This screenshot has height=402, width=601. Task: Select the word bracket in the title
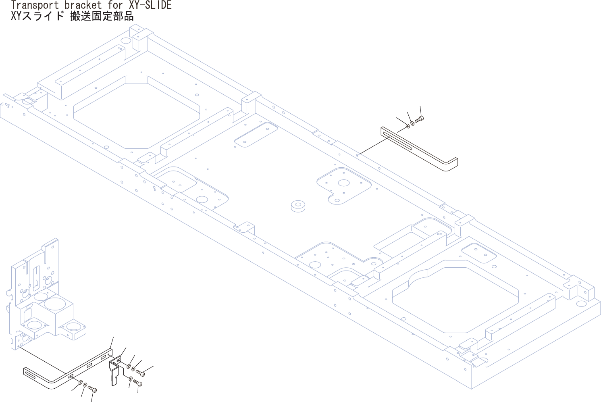[x=83, y=5]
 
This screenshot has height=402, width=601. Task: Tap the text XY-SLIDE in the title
[x=150, y=5]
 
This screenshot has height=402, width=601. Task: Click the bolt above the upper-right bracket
[x=420, y=119]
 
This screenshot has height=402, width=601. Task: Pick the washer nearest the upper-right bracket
[x=408, y=126]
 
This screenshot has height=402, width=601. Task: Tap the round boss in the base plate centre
[x=298, y=206]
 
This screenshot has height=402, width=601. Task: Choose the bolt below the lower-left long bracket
[x=92, y=389]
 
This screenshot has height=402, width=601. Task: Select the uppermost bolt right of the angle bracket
[x=140, y=373]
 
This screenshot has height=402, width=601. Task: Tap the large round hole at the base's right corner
[x=581, y=303]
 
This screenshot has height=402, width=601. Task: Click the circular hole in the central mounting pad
[x=343, y=183]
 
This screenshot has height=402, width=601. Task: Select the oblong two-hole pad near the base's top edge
[x=256, y=135]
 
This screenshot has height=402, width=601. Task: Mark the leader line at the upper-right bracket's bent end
[x=461, y=161]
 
